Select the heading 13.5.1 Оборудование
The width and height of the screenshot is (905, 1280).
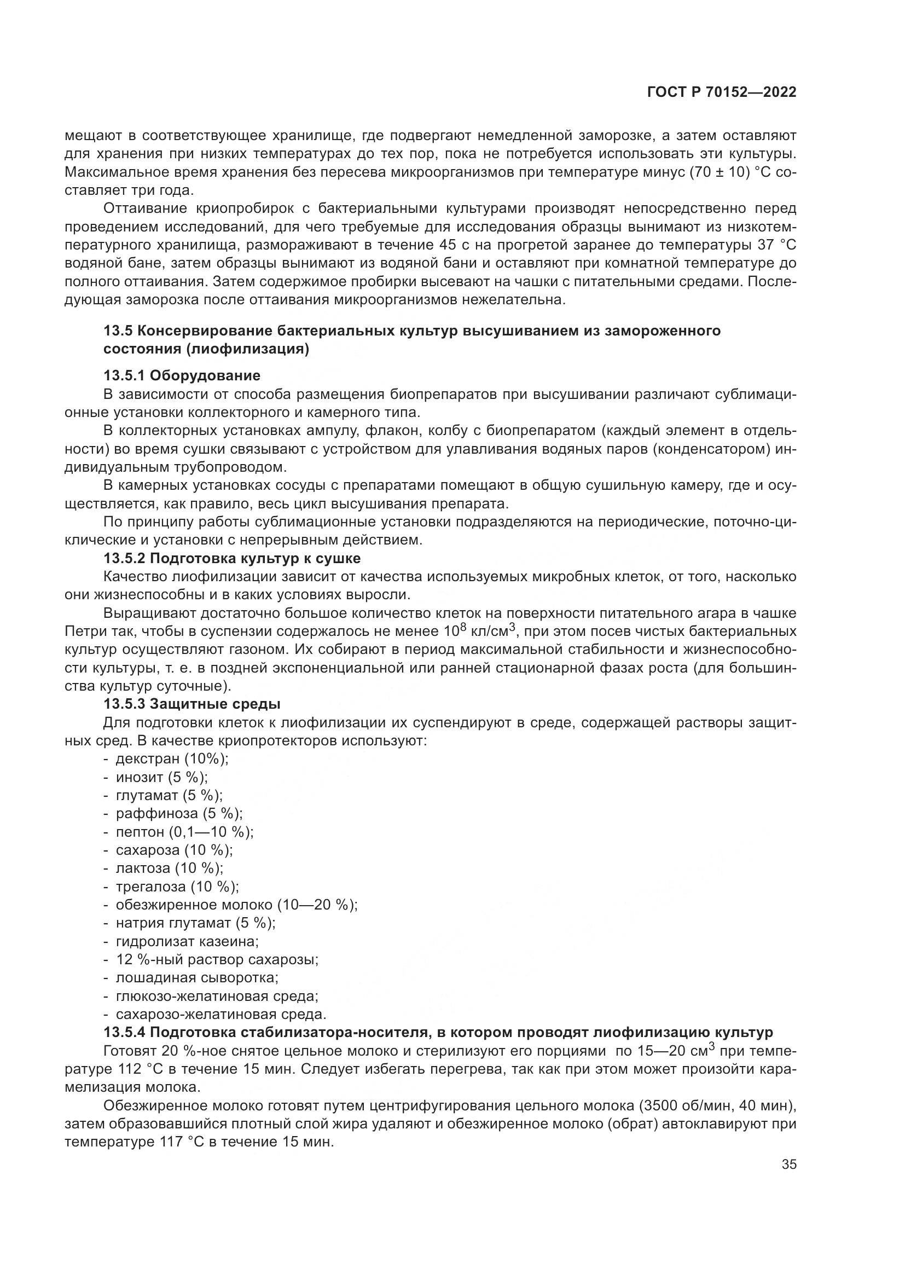182,375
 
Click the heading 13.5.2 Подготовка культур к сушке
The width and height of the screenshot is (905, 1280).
232,558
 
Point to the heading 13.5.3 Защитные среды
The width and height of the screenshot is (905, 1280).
192,704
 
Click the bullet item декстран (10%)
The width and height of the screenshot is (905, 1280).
172,758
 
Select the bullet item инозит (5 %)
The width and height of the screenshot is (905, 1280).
161,777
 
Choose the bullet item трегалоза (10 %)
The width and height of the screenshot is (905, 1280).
177,887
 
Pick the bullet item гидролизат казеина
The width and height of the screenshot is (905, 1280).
187,942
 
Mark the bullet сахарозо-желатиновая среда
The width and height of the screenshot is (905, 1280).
221,1014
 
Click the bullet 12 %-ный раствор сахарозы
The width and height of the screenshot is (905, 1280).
217,959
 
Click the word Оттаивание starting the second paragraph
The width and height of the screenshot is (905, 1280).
146,208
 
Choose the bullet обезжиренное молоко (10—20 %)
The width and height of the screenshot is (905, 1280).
236,905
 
